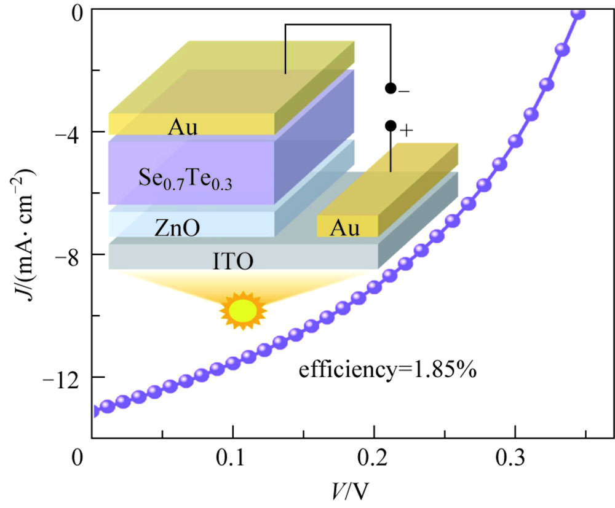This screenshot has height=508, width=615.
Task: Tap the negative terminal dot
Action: coord(390,88)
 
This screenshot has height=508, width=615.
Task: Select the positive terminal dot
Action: coord(390,126)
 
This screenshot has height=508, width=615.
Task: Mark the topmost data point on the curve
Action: coord(578,13)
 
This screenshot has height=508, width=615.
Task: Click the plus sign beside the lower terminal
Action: coord(407,131)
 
